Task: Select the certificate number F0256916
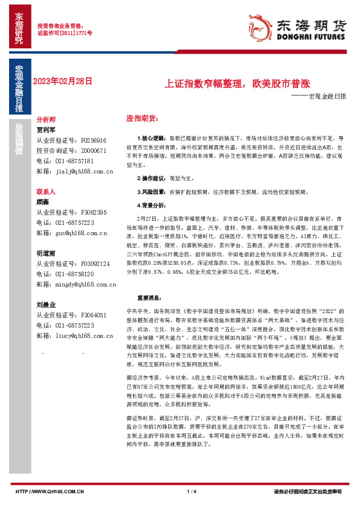(x=93, y=140)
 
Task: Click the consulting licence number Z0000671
(x=93, y=151)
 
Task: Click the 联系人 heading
(x=46, y=192)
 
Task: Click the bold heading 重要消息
(x=149, y=297)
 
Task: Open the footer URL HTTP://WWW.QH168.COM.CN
(x=49, y=491)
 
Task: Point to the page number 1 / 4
(x=192, y=491)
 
